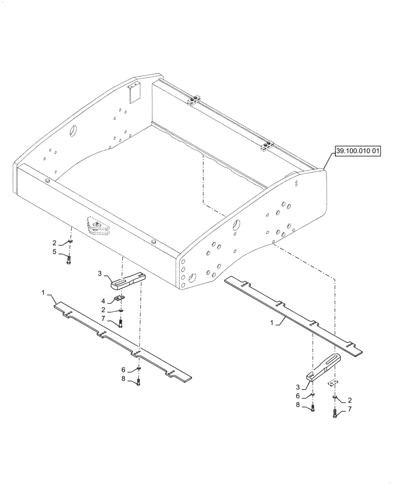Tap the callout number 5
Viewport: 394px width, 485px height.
point(55,252)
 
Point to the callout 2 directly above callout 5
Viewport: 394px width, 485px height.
point(55,242)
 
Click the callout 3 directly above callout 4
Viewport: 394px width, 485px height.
point(99,274)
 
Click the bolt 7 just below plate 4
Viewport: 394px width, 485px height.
point(121,323)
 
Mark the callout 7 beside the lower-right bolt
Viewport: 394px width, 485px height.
point(349,409)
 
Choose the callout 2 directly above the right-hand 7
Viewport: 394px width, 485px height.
point(349,401)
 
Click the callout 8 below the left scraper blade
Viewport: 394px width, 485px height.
point(123,380)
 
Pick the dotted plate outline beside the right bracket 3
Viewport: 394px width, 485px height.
point(332,383)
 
